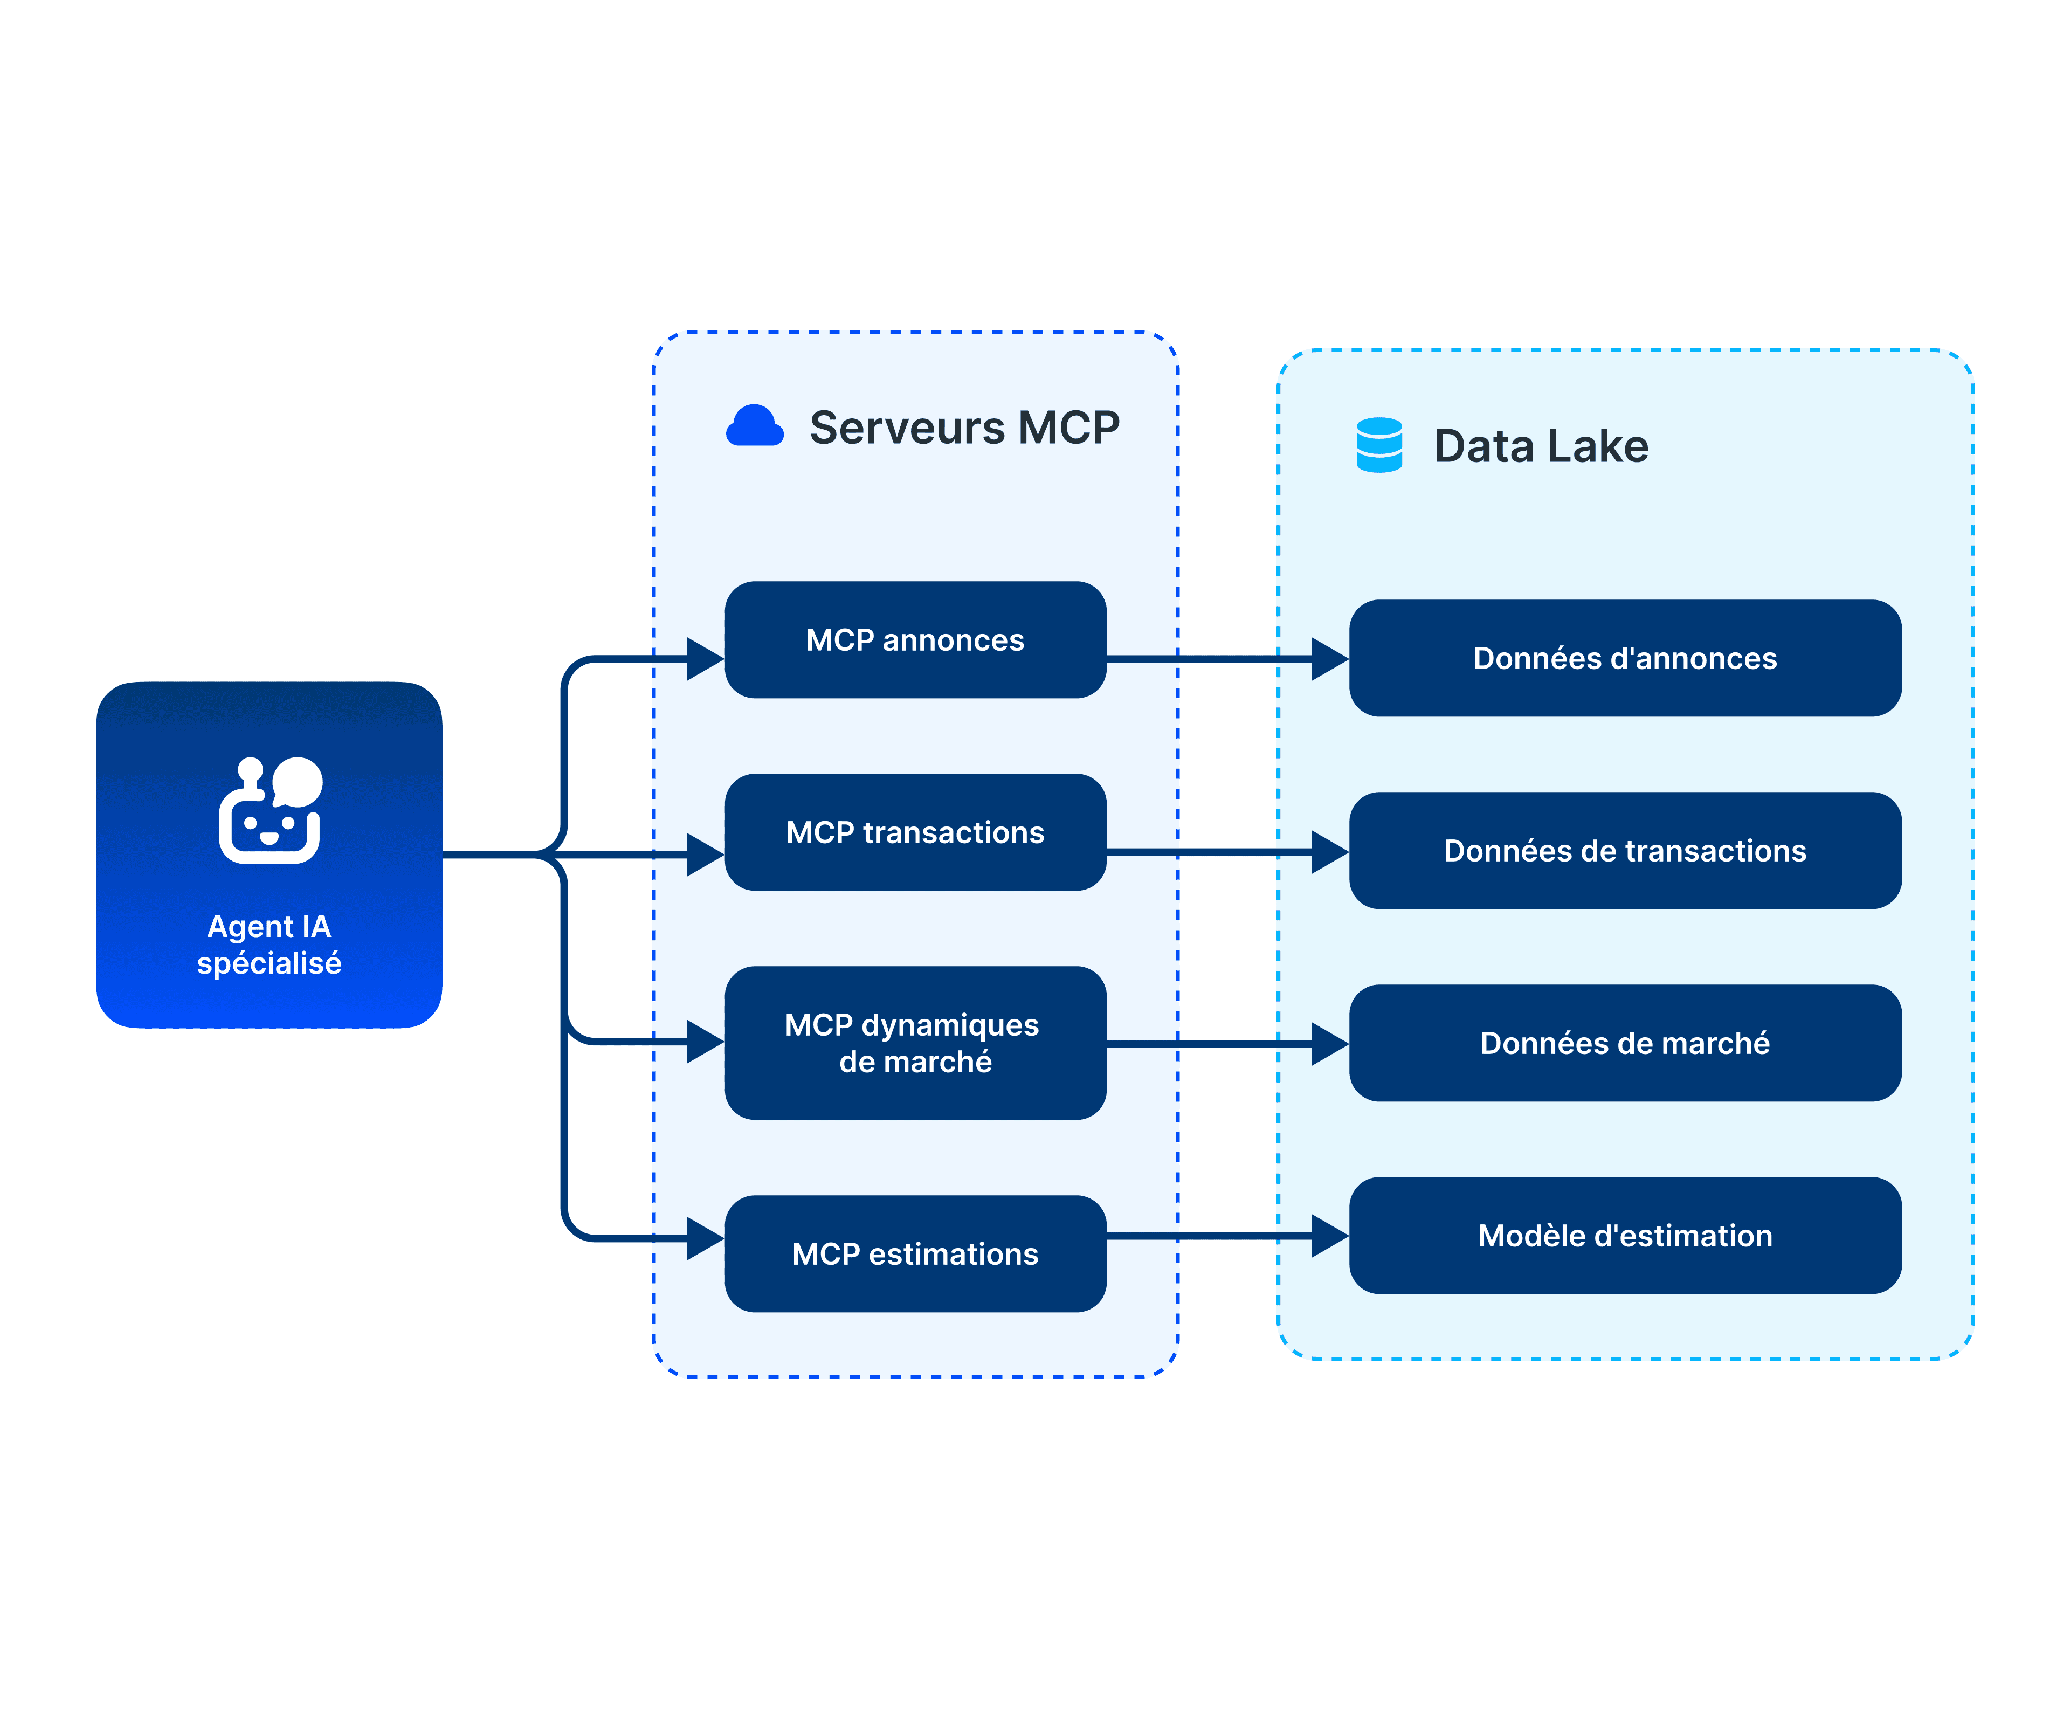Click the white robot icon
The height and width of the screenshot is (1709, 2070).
[x=268, y=811]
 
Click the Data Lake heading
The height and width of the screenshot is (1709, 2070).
[x=1541, y=446]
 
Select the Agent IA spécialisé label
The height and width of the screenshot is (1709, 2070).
[x=268, y=944]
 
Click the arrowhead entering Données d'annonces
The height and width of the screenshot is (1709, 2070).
[x=1329, y=659]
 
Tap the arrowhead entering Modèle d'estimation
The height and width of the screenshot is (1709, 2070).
[x=1329, y=1236]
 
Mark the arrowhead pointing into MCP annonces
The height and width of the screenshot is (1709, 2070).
[x=705, y=659]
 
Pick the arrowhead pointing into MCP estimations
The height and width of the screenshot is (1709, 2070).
[x=705, y=1238]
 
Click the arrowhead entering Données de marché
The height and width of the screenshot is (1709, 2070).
[x=1329, y=1044]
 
